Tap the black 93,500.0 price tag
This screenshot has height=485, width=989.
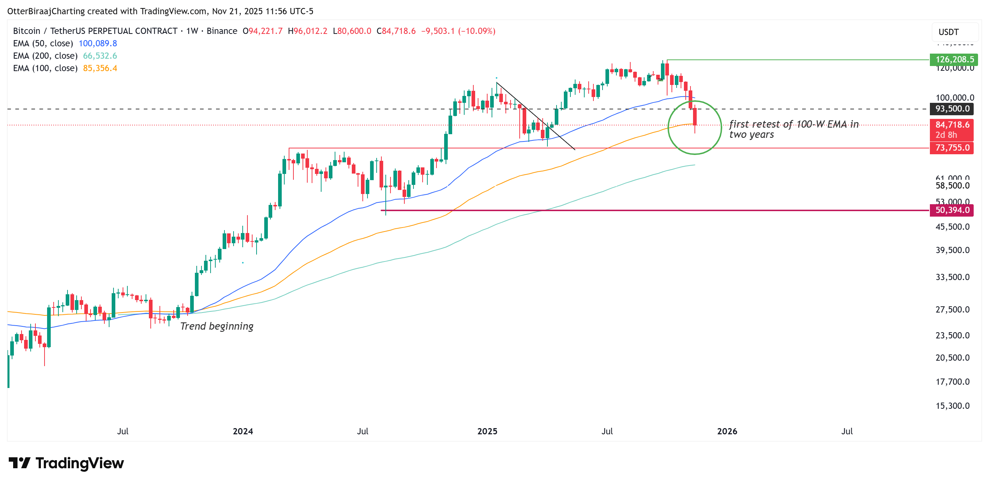pos(952,109)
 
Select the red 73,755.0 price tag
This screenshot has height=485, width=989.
pos(952,148)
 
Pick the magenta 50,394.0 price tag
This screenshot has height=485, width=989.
pos(952,210)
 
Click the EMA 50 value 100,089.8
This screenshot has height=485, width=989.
pos(97,43)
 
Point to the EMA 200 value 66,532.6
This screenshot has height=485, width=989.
pos(100,56)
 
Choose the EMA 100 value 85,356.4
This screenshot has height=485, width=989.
pos(100,68)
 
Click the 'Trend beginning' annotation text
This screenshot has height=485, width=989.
pos(216,326)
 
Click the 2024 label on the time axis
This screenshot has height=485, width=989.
pos(243,431)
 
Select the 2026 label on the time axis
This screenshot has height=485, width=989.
pos(727,431)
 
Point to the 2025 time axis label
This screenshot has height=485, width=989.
pos(487,431)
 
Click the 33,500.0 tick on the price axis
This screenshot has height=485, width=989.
pos(952,277)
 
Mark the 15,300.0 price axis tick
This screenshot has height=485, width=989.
pos(952,406)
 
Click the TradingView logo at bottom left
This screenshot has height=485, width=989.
pos(66,463)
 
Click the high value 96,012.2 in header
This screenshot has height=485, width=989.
pos(310,31)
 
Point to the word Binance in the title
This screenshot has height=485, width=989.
pos(222,31)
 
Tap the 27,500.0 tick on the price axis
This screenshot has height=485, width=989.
pos(952,309)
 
